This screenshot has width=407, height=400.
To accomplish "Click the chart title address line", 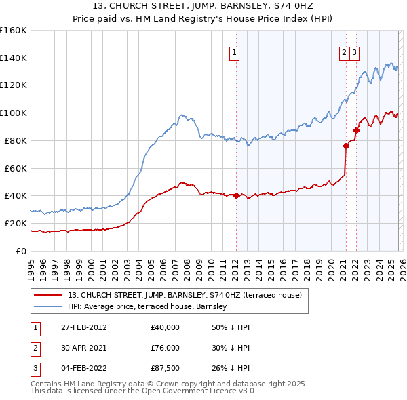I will (x=203, y=7).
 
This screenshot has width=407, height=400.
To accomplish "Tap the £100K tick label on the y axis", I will (x=13, y=113).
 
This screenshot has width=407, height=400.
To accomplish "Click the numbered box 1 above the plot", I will (x=235, y=52).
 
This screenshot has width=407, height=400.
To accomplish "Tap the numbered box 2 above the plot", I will (x=345, y=52).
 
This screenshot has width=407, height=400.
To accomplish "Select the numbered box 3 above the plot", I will (x=355, y=52).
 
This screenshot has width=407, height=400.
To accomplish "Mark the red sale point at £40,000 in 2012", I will (x=236, y=195).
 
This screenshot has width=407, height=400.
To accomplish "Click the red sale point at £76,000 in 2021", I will (x=346, y=146).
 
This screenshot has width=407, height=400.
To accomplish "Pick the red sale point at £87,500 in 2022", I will (x=355, y=130).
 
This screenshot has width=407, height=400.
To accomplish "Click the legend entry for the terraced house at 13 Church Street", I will (x=189, y=295).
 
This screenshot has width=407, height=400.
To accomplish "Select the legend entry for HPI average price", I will (x=151, y=307).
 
